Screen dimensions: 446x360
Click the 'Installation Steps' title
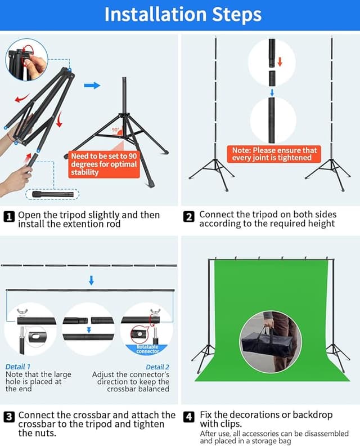coord(183,15)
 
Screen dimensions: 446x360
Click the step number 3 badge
coord(10,417)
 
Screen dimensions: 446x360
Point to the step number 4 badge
coord(190,417)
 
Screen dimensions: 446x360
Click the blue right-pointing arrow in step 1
coord(92,86)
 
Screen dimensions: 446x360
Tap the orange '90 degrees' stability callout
coord(104,164)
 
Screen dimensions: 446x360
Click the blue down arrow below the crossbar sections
coord(91,280)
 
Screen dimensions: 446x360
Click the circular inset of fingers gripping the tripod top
coord(26,60)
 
